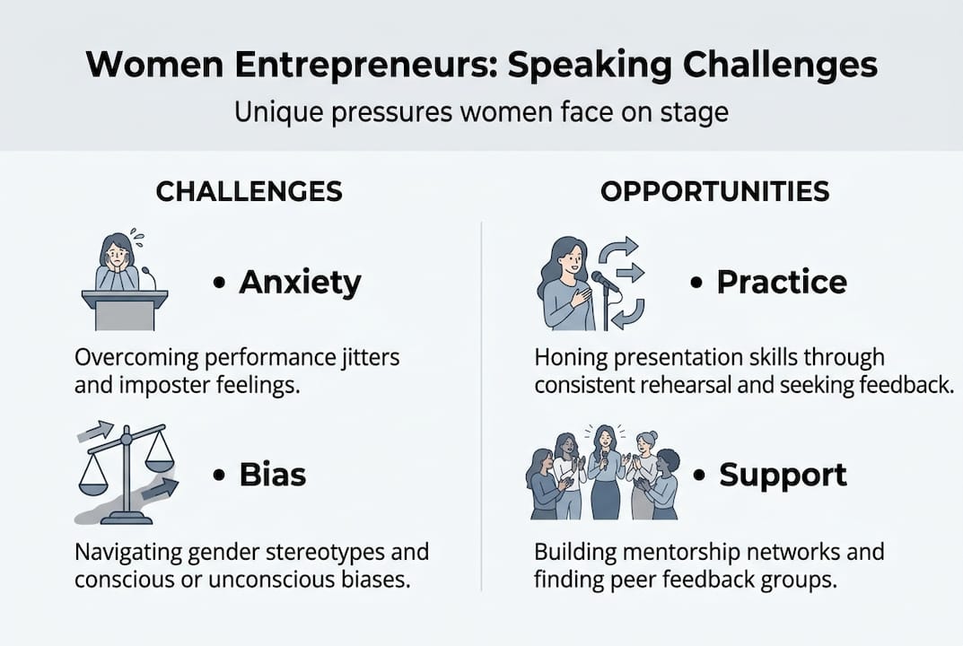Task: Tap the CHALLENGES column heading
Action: click(x=249, y=191)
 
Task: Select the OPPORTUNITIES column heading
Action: click(x=714, y=191)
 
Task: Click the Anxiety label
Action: click(x=300, y=282)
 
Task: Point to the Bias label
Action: click(x=272, y=475)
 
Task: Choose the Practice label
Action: click(x=781, y=282)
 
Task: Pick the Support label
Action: click(x=783, y=475)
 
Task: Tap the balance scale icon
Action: click(x=126, y=471)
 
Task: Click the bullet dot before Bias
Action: click(x=219, y=476)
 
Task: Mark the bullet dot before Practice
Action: click(x=696, y=283)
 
